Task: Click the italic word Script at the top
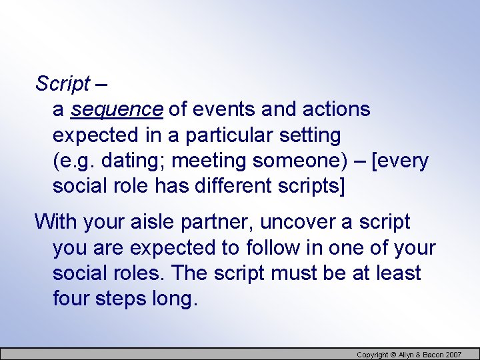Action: click(63, 83)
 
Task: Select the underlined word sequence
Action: click(117, 109)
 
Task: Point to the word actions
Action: click(336, 109)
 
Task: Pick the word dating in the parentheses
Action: click(119, 161)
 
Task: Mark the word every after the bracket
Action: click(404, 161)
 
